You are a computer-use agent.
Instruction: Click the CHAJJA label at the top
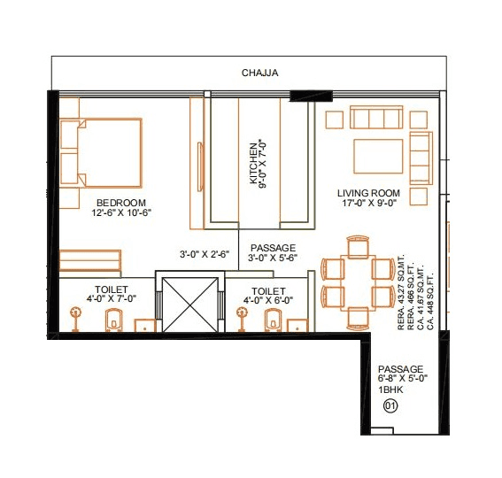pyautogui.click(x=260, y=73)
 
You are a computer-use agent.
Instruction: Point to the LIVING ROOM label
pyautogui.click(x=369, y=193)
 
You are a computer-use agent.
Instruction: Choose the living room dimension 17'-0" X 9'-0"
pyautogui.click(x=369, y=204)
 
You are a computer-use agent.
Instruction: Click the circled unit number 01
pyautogui.click(x=388, y=406)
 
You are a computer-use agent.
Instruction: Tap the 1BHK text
pyautogui.click(x=390, y=389)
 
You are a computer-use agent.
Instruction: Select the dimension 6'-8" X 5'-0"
pyautogui.click(x=400, y=379)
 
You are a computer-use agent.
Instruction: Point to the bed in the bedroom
pyautogui.click(x=100, y=151)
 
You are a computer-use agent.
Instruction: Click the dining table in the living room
pyautogui.click(x=357, y=281)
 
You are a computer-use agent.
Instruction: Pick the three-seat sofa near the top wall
pyautogui.click(x=377, y=119)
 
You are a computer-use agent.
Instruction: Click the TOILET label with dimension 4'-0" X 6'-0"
pyautogui.click(x=267, y=290)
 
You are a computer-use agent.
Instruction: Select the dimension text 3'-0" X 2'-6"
pyautogui.click(x=205, y=254)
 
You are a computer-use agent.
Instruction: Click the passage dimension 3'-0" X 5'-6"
pyautogui.click(x=272, y=258)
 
